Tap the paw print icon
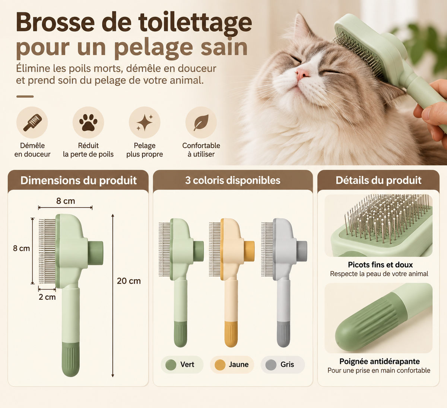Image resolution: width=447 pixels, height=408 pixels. (88, 122)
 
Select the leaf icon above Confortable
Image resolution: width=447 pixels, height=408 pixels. (201, 122)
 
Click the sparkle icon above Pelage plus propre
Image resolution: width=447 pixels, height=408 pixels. (145, 122)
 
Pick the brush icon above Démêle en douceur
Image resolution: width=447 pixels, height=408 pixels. (32, 122)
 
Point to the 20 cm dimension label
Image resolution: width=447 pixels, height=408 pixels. (129, 281)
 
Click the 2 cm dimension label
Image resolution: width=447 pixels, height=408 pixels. (47, 297)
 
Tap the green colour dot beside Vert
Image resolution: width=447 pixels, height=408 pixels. (171, 365)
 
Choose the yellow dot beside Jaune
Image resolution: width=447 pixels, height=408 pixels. (220, 365)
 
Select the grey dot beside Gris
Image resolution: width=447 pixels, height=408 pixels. (271, 365)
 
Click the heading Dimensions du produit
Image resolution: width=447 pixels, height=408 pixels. (79, 180)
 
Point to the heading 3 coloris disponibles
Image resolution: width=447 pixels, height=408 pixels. (233, 180)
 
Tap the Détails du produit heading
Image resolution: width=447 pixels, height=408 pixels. (378, 180)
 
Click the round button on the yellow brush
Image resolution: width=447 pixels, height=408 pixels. (249, 251)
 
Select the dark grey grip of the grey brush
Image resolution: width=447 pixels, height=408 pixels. (283, 334)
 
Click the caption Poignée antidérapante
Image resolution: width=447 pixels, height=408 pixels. (380, 361)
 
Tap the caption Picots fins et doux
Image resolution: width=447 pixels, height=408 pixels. (380, 265)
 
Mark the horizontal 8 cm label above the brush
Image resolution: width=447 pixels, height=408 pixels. (66, 201)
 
